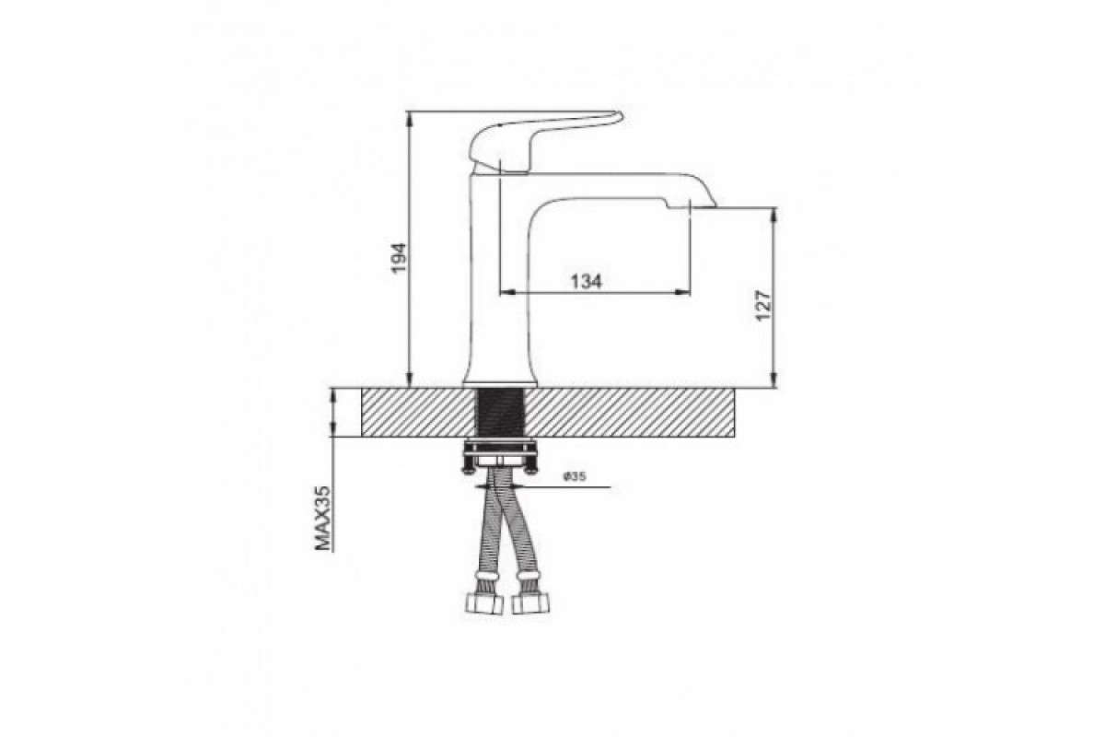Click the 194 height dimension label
(399, 258)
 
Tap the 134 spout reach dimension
(587, 282)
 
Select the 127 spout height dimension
(763, 306)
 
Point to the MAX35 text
(322, 518)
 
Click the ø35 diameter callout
(575, 476)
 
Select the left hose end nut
(484, 603)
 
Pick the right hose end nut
(530, 603)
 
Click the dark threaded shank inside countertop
(500, 412)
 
